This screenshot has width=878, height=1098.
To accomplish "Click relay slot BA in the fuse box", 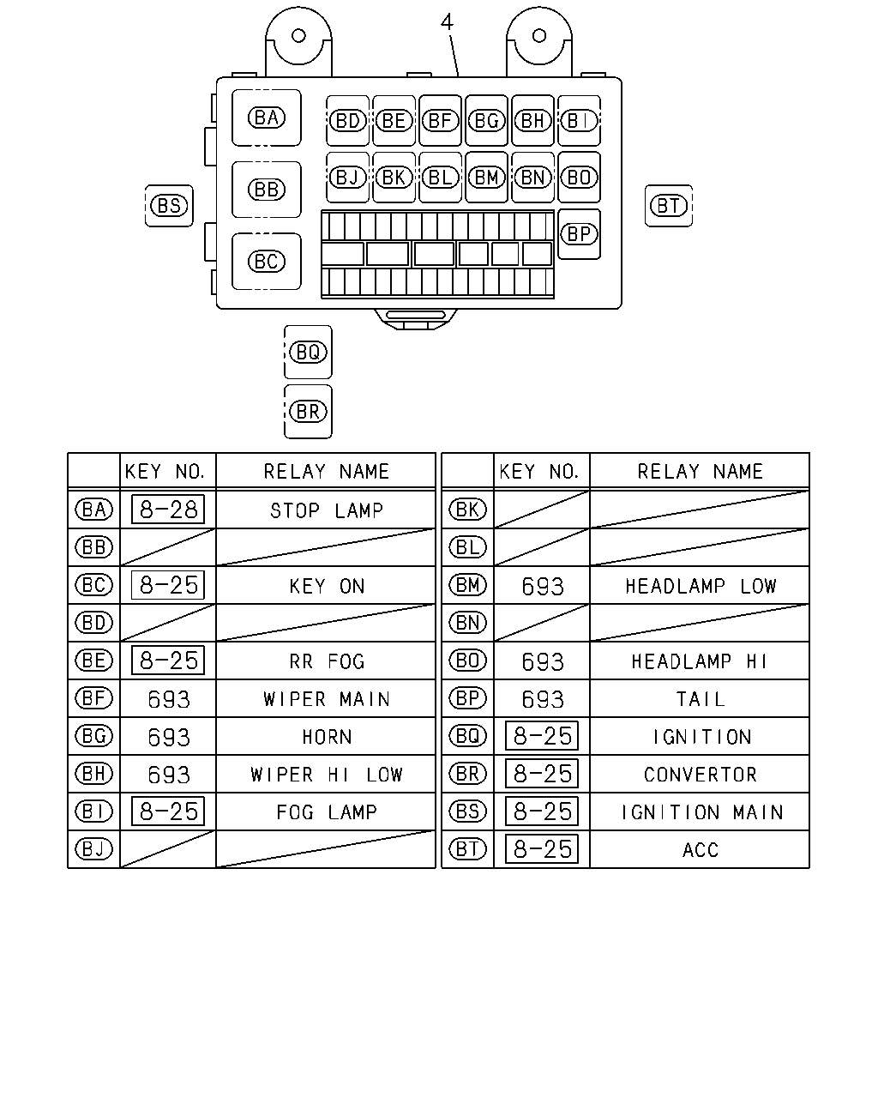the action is click(267, 118).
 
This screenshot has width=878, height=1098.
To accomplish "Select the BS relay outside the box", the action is click(169, 206).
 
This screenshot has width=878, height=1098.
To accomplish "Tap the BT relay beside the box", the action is click(669, 206).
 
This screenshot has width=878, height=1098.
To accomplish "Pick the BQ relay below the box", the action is click(308, 352).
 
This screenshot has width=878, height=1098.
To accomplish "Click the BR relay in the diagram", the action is click(308, 412).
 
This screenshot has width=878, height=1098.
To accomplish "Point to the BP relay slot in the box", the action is click(579, 234).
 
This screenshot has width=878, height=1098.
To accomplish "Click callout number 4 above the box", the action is click(447, 22).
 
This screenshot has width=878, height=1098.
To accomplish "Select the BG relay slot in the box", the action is click(487, 121).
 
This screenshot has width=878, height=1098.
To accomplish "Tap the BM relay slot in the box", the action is click(487, 178).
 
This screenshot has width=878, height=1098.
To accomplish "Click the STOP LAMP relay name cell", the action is click(327, 510).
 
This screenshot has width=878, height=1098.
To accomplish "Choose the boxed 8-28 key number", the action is click(168, 510).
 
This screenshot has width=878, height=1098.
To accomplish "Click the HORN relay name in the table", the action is click(327, 737).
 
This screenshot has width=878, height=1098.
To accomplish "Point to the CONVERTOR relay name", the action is click(700, 775).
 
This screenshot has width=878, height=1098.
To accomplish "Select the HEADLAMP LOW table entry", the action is click(701, 586).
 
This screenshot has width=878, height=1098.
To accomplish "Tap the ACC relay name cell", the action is click(700, 849).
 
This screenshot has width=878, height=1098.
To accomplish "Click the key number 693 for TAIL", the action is click(542, 699).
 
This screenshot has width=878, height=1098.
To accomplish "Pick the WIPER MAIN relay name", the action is click(327, 699).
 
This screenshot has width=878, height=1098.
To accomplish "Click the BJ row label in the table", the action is click(93, 849).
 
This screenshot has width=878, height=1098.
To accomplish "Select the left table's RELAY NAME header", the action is click(327, 472).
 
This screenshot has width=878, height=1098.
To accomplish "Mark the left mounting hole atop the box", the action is click(298, 36).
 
